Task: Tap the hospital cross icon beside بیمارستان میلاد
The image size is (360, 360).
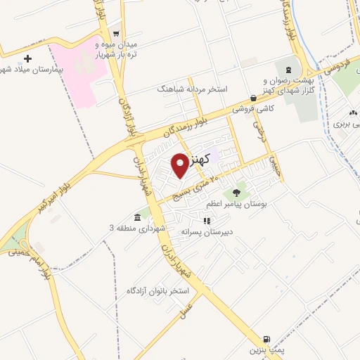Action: coord(27,59)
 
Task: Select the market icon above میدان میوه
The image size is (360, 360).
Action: coord(116,34)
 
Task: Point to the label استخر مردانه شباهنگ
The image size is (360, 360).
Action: coord(189,90)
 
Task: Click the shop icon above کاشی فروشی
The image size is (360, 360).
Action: coord(253,98)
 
